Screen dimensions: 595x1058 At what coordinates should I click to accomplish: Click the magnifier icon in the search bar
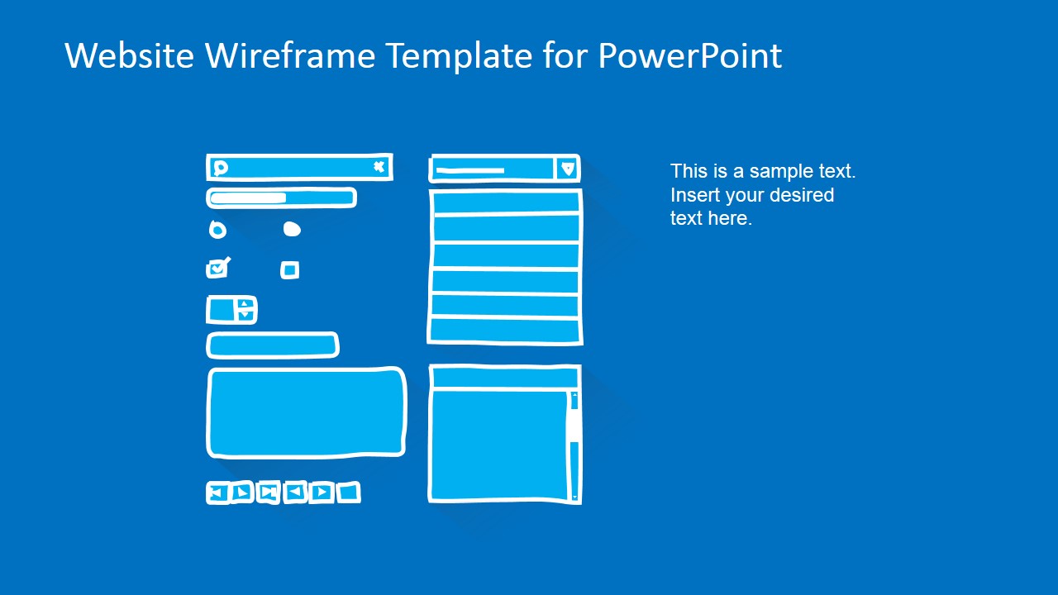220,169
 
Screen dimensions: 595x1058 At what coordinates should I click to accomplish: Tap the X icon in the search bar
379,167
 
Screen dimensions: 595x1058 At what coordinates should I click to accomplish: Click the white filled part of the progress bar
248,198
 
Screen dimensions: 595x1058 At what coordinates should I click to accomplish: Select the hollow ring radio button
217,230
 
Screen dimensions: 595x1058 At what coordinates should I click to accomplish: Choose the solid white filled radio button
292,229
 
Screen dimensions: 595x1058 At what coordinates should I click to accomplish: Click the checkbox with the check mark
217,269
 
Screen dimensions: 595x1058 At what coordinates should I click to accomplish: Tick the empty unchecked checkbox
289,269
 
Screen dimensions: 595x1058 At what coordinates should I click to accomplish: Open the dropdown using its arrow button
567,169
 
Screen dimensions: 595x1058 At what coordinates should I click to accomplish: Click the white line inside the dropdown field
469,171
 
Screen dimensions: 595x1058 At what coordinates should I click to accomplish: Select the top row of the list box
505,202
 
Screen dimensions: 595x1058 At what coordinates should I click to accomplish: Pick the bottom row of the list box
505,331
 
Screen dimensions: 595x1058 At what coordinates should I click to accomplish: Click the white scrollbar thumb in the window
573,425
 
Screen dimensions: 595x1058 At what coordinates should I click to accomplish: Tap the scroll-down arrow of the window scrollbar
574,497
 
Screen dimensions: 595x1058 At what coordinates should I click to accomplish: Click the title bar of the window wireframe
504,378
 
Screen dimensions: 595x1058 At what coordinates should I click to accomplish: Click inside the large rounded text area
306,412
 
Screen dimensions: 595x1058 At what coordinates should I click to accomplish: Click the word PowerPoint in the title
689,56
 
